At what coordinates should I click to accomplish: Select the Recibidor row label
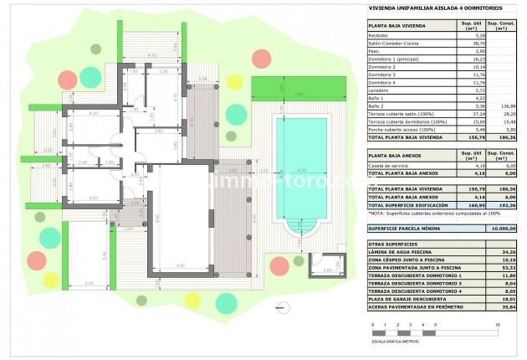tap(381, 36)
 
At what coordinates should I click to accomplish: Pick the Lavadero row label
tap(381, 90)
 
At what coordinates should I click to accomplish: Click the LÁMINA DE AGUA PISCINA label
tap(402, 251)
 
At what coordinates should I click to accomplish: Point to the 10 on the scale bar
tap(498, 323)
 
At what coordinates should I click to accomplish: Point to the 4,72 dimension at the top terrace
tap(151, 54)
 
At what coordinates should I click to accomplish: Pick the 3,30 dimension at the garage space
tap(89, 284)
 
